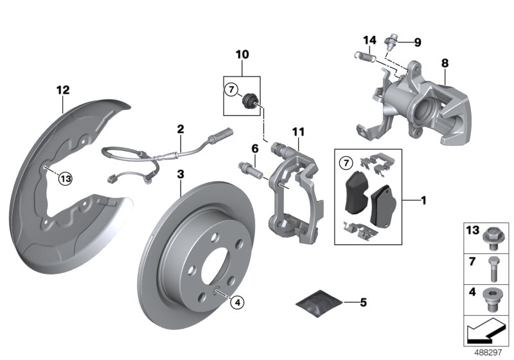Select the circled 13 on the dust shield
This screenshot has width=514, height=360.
coord(66,179)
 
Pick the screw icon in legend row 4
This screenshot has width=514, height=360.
coord(493,298)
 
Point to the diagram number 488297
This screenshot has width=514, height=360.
coord(490,353)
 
